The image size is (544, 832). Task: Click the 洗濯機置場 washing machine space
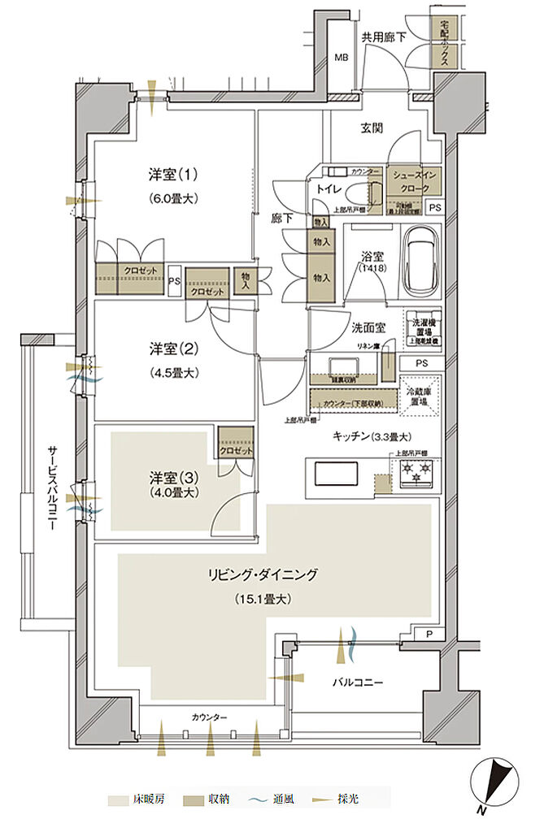pyautogui.click(x=423, y=329)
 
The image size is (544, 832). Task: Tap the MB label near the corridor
pyautogui.click(x=344, y=58)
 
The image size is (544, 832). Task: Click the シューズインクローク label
pyautogui.click(x=416, y=180)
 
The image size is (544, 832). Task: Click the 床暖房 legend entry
pyautogui.click(x=143, y=800)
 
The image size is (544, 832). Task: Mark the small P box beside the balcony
pyautogui.click(x=429, y=635)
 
